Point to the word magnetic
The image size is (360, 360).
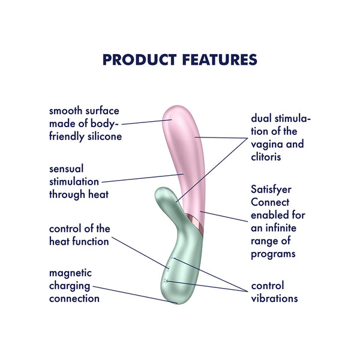[70, 273]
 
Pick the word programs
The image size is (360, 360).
[273, 254]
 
